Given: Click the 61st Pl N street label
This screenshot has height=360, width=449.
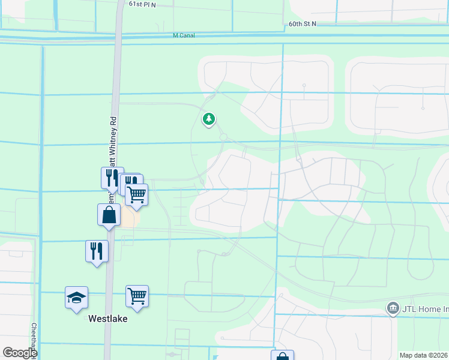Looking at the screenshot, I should tap(142, 4).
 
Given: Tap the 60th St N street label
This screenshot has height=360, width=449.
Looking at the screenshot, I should tap(301, 23).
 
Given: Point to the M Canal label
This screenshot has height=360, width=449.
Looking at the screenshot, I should tap(183, 35).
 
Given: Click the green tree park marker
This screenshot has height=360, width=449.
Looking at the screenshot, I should tap(209, 120).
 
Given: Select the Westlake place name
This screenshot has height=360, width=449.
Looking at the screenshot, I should tap(108, 319).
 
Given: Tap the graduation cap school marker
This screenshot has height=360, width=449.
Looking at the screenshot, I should tap(76, 298).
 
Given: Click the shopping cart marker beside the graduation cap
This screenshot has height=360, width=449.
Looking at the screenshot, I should tap(137, 296).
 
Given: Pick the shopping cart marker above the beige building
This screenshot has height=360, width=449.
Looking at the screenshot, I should tap(137, 194).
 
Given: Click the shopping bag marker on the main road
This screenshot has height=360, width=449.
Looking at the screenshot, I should tap(109, 215).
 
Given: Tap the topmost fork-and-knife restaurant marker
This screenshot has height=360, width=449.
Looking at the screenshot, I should tap(112, 178).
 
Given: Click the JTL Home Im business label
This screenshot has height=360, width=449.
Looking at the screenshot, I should tap(425, 308).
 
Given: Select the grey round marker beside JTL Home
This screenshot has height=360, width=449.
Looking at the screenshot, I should tap(393, 308).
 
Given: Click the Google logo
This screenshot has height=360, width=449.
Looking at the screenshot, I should tap(19, 353).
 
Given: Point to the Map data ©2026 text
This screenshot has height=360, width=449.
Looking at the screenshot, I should tap(424, 355).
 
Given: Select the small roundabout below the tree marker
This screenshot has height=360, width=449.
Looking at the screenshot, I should tap(223, 137).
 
